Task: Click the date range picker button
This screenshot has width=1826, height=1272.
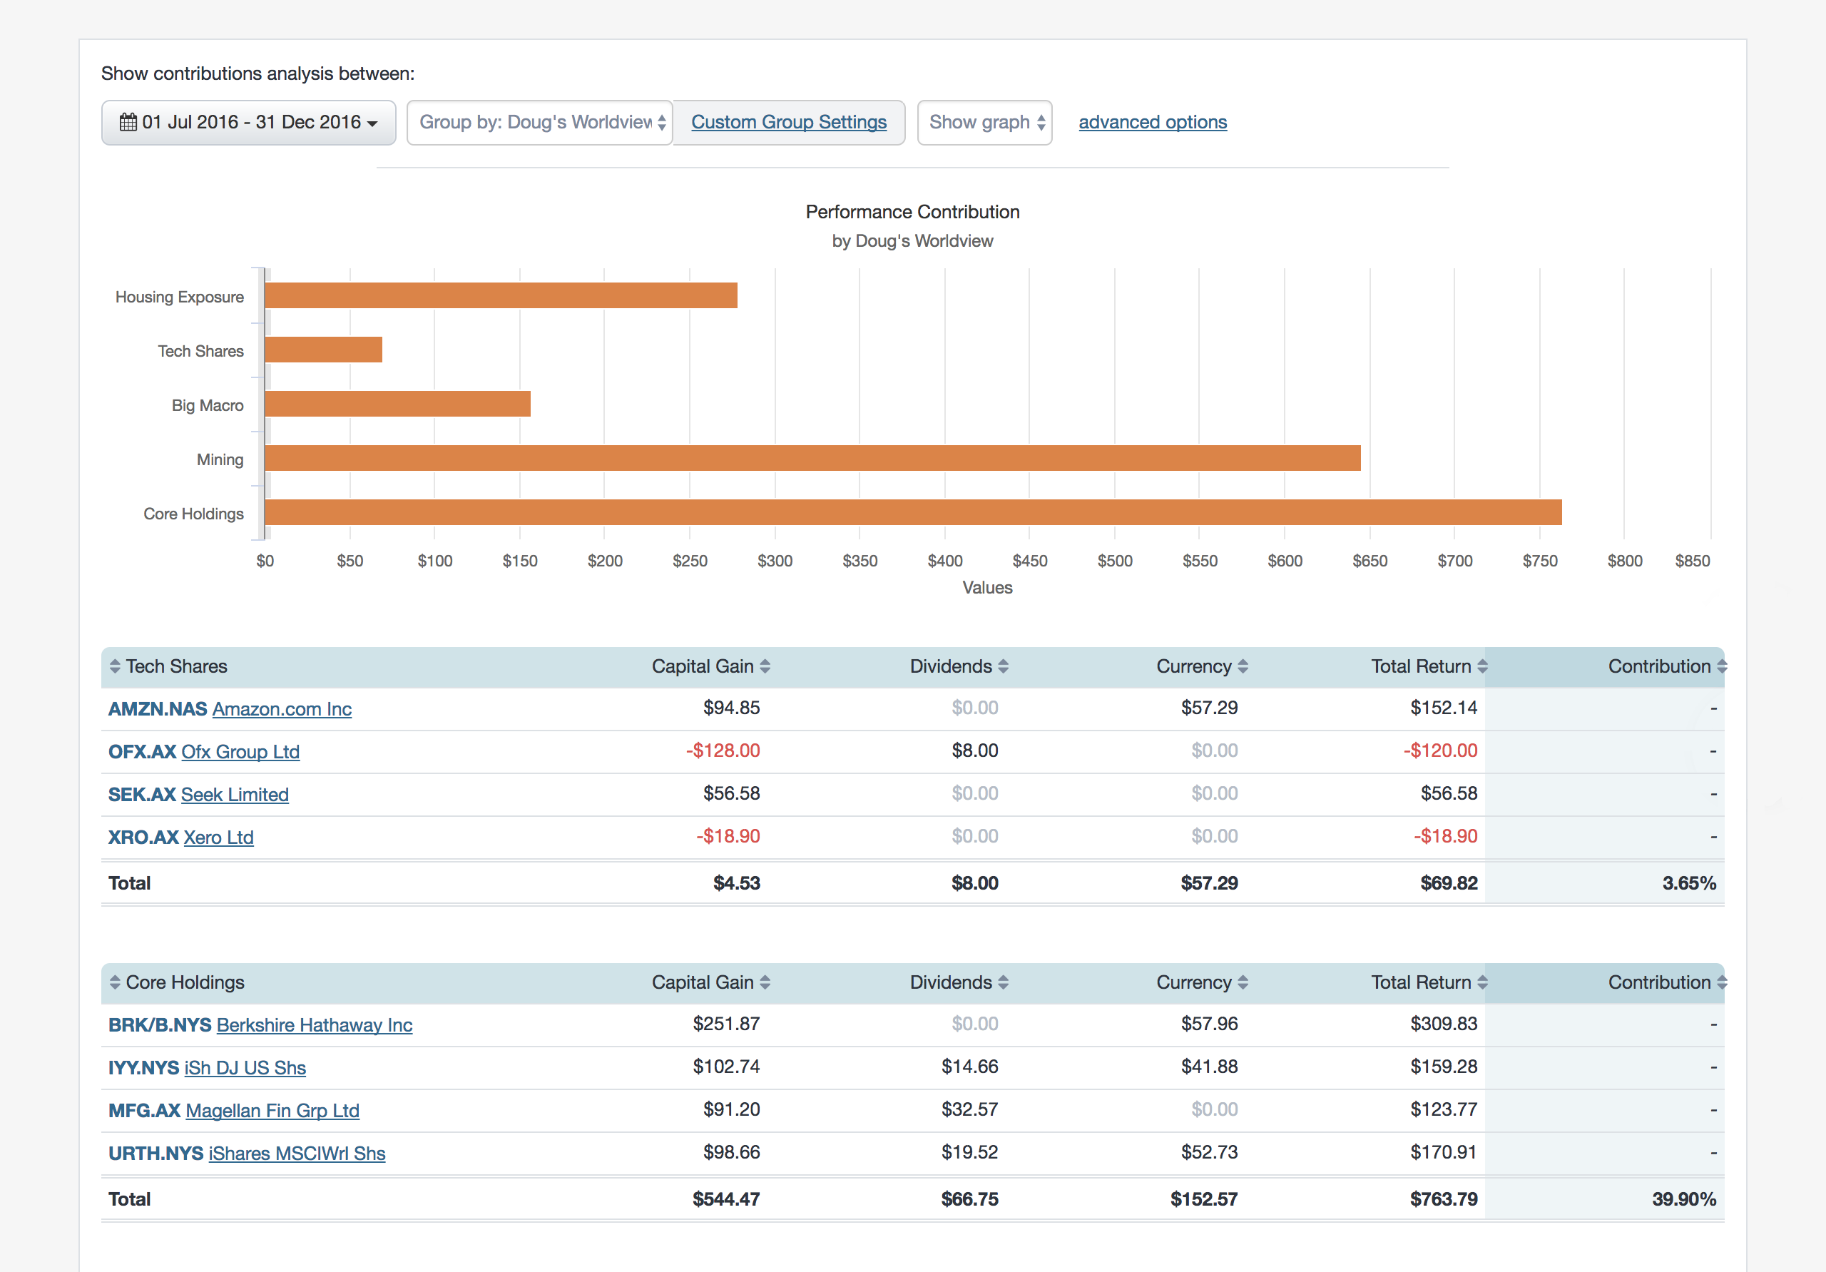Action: coord(248,123)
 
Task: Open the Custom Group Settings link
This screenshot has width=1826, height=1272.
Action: coord(788,123)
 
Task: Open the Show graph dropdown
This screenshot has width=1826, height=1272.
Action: coord(984,123)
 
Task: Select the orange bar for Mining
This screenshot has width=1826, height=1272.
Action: coord(811,458)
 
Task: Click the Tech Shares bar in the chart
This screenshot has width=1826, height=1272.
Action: coord(324,350)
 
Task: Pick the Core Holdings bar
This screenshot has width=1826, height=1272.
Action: coord(912,512)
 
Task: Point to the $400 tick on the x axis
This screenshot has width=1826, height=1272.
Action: coord(945,561)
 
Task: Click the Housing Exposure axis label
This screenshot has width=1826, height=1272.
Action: coord(180,297)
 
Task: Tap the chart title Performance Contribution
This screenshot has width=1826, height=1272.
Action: coord(912,213)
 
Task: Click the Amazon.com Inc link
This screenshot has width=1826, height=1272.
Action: coord(282,709)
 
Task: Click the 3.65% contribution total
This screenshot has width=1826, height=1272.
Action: coord(1688,883)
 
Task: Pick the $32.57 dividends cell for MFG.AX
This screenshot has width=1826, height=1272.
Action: coord(969,1109)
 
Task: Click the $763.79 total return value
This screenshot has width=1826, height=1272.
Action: coord(1443,1199)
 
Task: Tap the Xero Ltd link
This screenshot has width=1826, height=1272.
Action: coord(218,837)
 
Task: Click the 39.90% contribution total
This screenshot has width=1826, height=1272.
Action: coord(1683,1199)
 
